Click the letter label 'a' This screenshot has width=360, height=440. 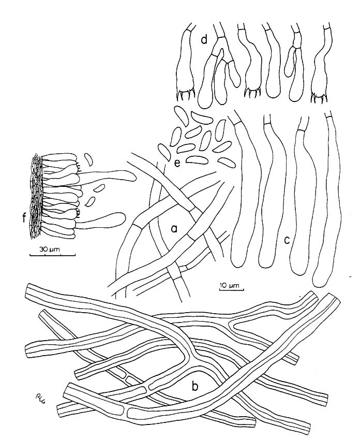[174, 229]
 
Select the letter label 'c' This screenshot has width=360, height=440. [287, 240]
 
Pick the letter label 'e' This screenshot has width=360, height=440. [177, 164]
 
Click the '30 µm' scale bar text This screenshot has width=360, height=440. [48, 249]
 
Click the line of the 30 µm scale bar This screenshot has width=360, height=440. [52, 255]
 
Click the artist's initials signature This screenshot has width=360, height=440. [41, 396]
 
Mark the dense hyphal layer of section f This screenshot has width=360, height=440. [36, 197]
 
